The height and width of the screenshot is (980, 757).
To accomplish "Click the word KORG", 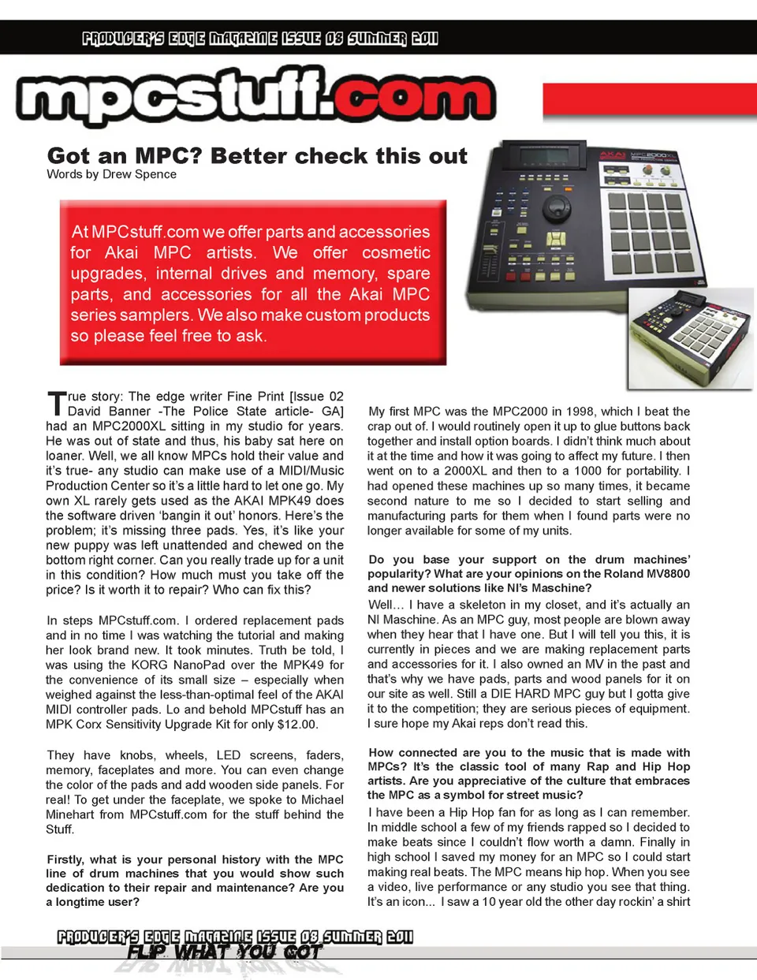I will coord(149,665).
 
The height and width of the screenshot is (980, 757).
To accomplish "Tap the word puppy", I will coord(96,545).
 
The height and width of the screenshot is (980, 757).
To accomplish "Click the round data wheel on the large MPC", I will coord(557,209).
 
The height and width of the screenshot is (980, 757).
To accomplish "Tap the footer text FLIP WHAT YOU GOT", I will coord(225,952).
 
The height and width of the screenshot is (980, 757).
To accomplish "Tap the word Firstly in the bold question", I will coord(65,859).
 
